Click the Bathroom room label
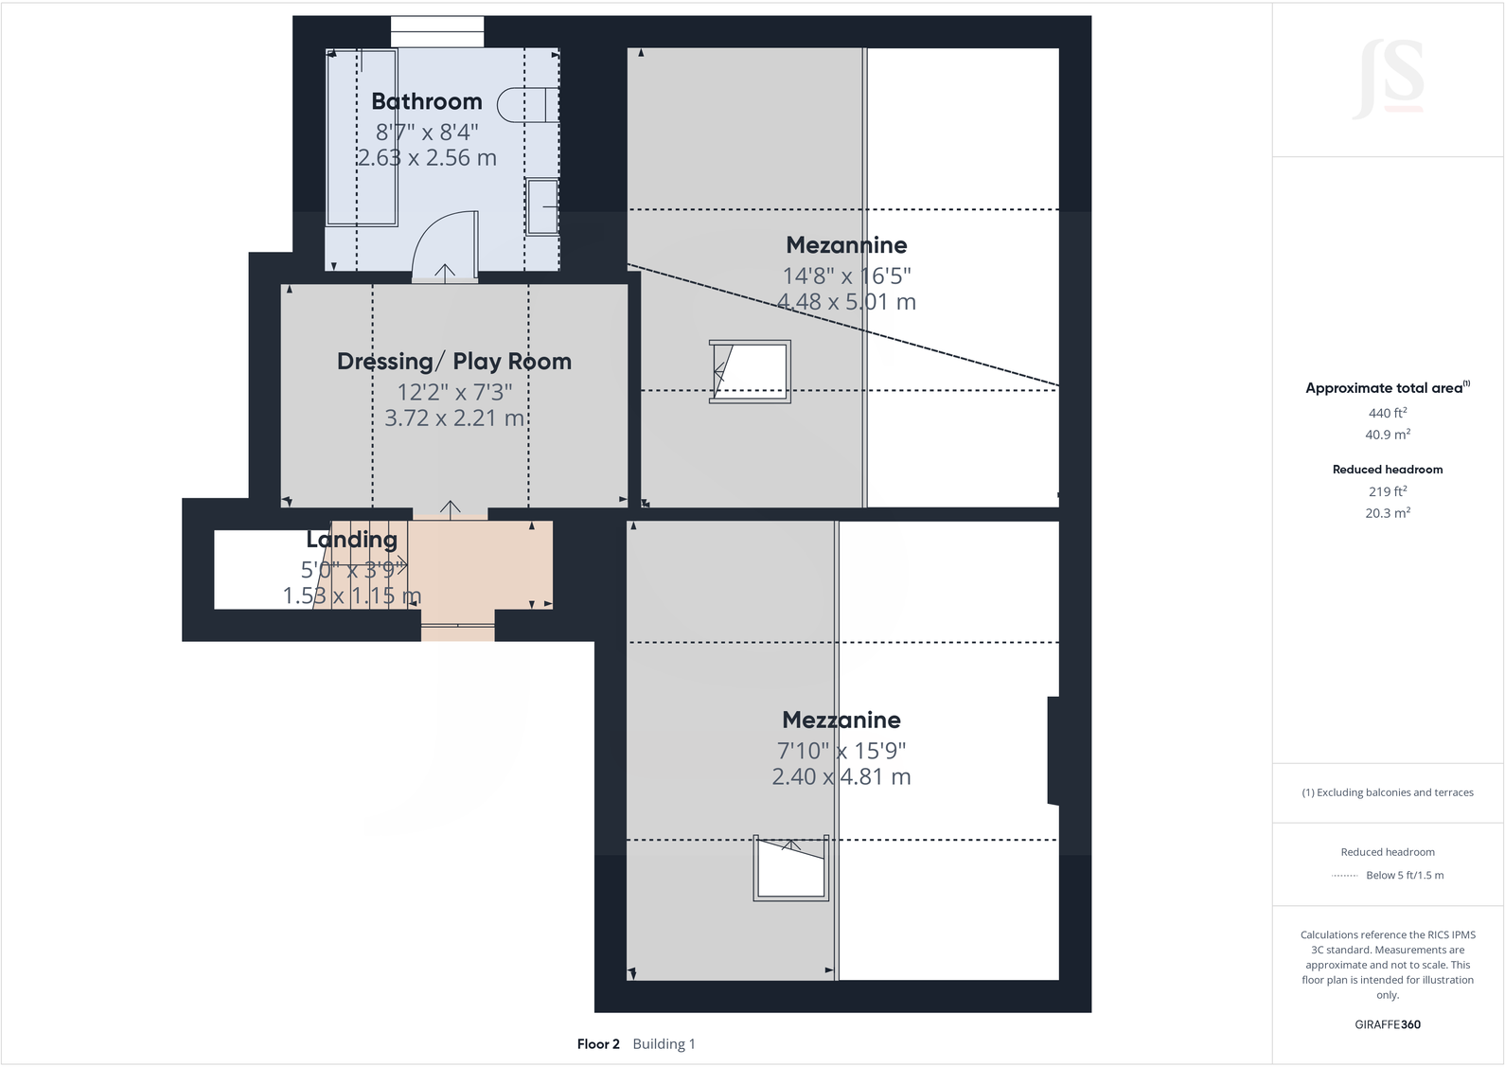[426, 101]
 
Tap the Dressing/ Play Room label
[454, 361]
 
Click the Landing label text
[351, 540]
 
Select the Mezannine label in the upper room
[846, 245]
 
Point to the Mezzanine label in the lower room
[841, 720]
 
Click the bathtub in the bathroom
[362, 137]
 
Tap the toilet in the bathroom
[529, 105]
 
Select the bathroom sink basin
[542, 206]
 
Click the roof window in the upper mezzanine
[751, 371]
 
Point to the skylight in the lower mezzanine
[791, 868]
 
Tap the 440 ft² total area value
[1387, 413]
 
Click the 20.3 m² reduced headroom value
[1387, 513]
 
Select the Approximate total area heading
[1384, 388]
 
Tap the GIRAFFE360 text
[1387, 1024]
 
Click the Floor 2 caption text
[598, 1044]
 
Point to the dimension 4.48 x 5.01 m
[846, 302]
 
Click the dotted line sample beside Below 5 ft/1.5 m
[1344, 876]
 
